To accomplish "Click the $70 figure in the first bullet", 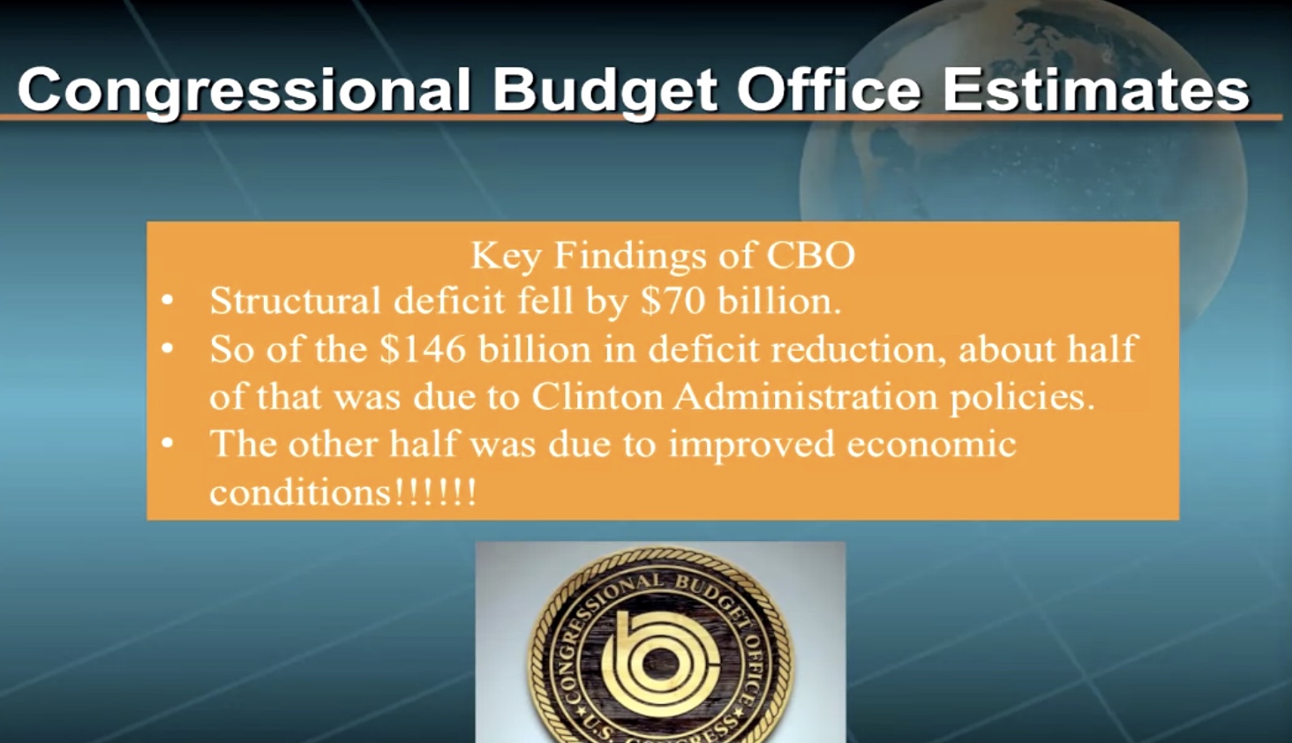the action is [x=672, y=300].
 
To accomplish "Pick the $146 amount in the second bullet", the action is [x=423, y=349].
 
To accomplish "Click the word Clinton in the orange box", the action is [x=597, y=396].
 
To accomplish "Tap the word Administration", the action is [x=806, y=396].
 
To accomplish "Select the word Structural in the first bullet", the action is [x=296, y=301].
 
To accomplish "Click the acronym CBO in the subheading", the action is [x=810, y=255].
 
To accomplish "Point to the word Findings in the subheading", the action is [x=630, y=256].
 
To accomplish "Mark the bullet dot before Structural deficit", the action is [x=168, y=301].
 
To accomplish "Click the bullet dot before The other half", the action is [x=168, y=444].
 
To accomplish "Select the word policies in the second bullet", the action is [x=1022, y=398].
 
